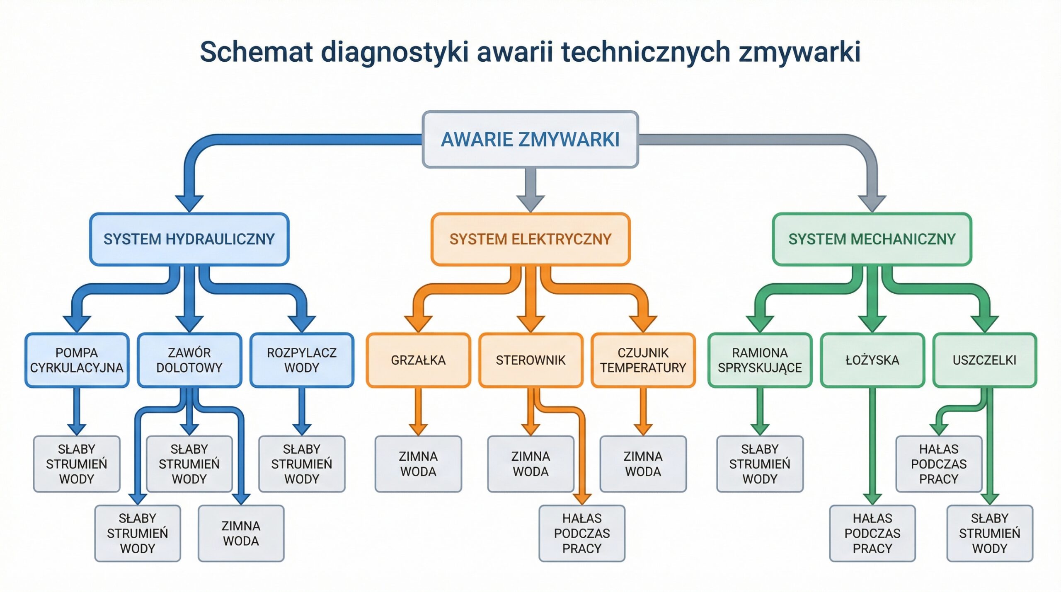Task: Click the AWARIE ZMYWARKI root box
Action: coord(530,139)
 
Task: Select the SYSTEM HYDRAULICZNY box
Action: coord(189,239)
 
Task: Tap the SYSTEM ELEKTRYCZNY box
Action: coord(530,239)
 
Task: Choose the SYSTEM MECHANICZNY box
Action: coord(872,239)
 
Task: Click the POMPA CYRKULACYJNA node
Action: coord(77,360)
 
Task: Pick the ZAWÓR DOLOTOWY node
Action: coord(189,360)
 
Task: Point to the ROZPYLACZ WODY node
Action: coord(302,360)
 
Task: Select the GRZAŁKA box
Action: coord(418,360)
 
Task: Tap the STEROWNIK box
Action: coord(530,360)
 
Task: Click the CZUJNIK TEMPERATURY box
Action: coord(643,360)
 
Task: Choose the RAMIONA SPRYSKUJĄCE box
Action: coord(760,360)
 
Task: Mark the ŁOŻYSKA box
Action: coord(872,360)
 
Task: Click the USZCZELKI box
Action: coord(984,360)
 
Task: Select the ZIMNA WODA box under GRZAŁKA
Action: coord(418,464)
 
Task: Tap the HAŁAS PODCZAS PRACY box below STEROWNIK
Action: coord(582,533)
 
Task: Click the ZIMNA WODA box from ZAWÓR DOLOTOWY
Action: coord(241,533)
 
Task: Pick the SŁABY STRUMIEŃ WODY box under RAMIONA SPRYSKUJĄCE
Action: coord(760,464)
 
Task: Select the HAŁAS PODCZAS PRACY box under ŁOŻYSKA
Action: coord(872,533)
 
